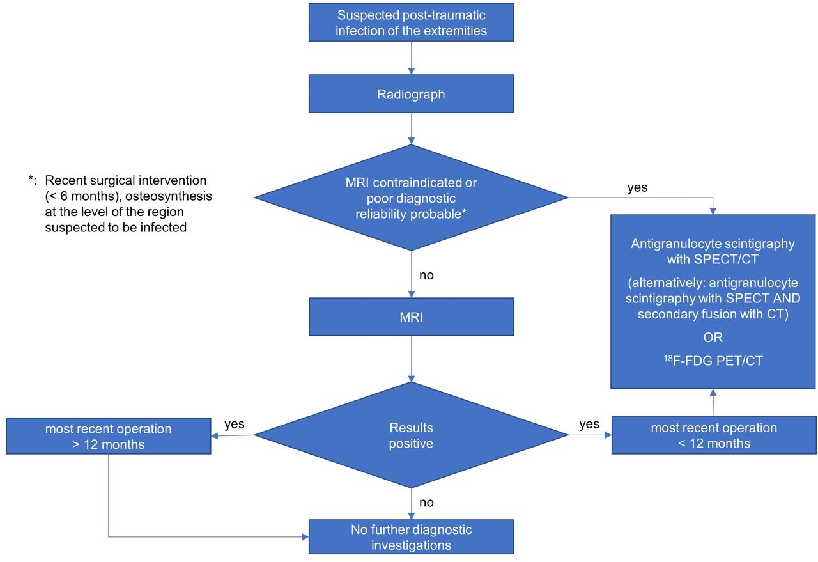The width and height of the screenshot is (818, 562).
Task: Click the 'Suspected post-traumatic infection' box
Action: click(411, 22)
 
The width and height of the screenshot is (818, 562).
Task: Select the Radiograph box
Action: click(411, 94)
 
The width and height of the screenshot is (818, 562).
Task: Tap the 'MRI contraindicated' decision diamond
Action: click(411, 198)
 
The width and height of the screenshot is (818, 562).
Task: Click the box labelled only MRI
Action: click(411, 317)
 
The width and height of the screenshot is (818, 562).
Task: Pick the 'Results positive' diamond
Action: click(411, 435)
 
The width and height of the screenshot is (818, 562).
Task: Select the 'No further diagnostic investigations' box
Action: click(411, 537)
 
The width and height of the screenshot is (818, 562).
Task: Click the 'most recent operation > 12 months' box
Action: click(109, 436)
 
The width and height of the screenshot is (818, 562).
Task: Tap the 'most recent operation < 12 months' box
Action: click(714, 435)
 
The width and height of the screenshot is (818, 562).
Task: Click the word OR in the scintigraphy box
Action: click(713, 338)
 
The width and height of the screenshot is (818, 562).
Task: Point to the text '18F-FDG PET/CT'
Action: click(713, 361)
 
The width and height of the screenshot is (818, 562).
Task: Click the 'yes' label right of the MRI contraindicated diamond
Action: click(637, 188)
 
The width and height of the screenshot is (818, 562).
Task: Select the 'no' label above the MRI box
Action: click(426, 275)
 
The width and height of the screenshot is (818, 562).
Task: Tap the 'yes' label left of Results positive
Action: click(235, 425)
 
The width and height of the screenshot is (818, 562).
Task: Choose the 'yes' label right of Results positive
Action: click(589, 425)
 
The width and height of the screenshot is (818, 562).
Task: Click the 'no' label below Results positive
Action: click(426, 503)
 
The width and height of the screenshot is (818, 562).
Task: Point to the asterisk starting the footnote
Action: click(31, 178)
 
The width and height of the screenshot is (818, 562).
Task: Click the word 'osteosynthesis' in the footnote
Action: click(169, 196)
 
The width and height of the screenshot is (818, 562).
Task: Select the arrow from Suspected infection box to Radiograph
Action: click(411, 58)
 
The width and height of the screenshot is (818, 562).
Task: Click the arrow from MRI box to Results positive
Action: click(411, 359)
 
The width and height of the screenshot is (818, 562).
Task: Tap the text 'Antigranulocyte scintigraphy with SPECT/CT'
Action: click(713, 251)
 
